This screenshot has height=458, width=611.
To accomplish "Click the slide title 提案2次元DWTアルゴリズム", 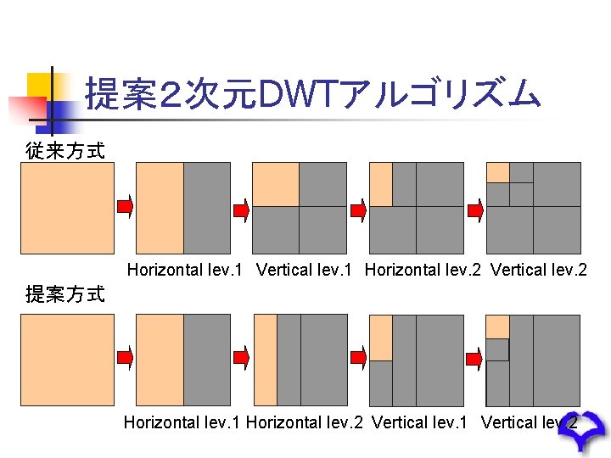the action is pos(312,93).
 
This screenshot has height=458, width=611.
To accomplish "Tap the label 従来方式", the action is pos(65,151).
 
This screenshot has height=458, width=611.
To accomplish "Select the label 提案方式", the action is pos(65,294).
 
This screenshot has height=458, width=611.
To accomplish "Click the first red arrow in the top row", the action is pos(125,207).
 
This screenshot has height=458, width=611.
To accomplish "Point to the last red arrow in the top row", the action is pos(475,207).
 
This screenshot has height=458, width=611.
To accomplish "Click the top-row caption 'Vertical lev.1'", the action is pos(306,271).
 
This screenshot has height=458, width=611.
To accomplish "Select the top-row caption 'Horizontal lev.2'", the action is pos(423,271).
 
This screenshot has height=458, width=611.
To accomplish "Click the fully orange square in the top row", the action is pos(67,208).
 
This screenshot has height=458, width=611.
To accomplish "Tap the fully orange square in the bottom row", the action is pos(67,360).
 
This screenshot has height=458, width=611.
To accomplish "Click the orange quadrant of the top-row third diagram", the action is pos(276,184).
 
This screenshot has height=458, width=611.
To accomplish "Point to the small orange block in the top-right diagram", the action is pos(497,172).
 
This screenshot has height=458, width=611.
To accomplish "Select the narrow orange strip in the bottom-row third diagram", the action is pos(266,360).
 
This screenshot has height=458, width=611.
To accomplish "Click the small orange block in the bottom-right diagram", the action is pos(497,327).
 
